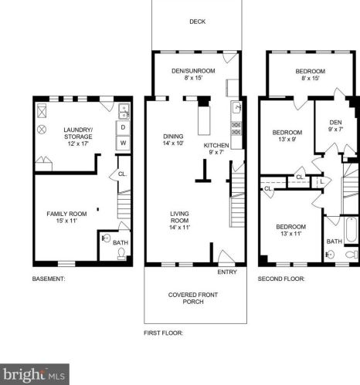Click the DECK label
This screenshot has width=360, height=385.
point(197,22)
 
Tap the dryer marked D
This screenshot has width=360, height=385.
point(123,127)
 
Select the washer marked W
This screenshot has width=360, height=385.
point(123,143)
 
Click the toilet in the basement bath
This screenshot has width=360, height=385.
point(121,253)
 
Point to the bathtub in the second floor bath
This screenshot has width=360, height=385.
point(352,230)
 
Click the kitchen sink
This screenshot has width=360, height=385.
point(236,107)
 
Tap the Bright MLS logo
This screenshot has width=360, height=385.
point(35,374)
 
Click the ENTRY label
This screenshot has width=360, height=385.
point(227,272)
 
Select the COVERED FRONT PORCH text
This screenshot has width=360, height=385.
point(193,298)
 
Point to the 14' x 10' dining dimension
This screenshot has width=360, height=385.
point(173,144)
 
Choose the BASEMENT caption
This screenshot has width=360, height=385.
point(49,279)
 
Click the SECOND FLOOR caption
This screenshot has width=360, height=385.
point(281,279)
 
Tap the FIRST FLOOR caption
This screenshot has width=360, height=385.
point(163,333)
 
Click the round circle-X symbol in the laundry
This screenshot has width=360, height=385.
point(42,130)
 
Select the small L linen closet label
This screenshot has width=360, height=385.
point(321,181)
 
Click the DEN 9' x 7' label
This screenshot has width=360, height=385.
point(335,126)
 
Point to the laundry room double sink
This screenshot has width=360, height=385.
point(124,111)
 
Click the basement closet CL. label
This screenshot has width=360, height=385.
point(122,174)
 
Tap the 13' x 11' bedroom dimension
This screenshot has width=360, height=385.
point(290,234)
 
